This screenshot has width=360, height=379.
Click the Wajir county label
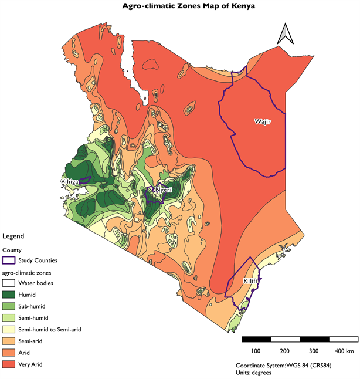coord(262,122)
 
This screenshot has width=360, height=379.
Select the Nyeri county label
coord(162,190)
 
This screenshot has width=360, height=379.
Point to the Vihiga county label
coord(69,182)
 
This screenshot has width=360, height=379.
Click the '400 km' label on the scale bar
coord(344,351)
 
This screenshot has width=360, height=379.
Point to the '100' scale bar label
coord(256,351)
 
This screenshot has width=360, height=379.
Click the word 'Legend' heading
coord(13,236)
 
